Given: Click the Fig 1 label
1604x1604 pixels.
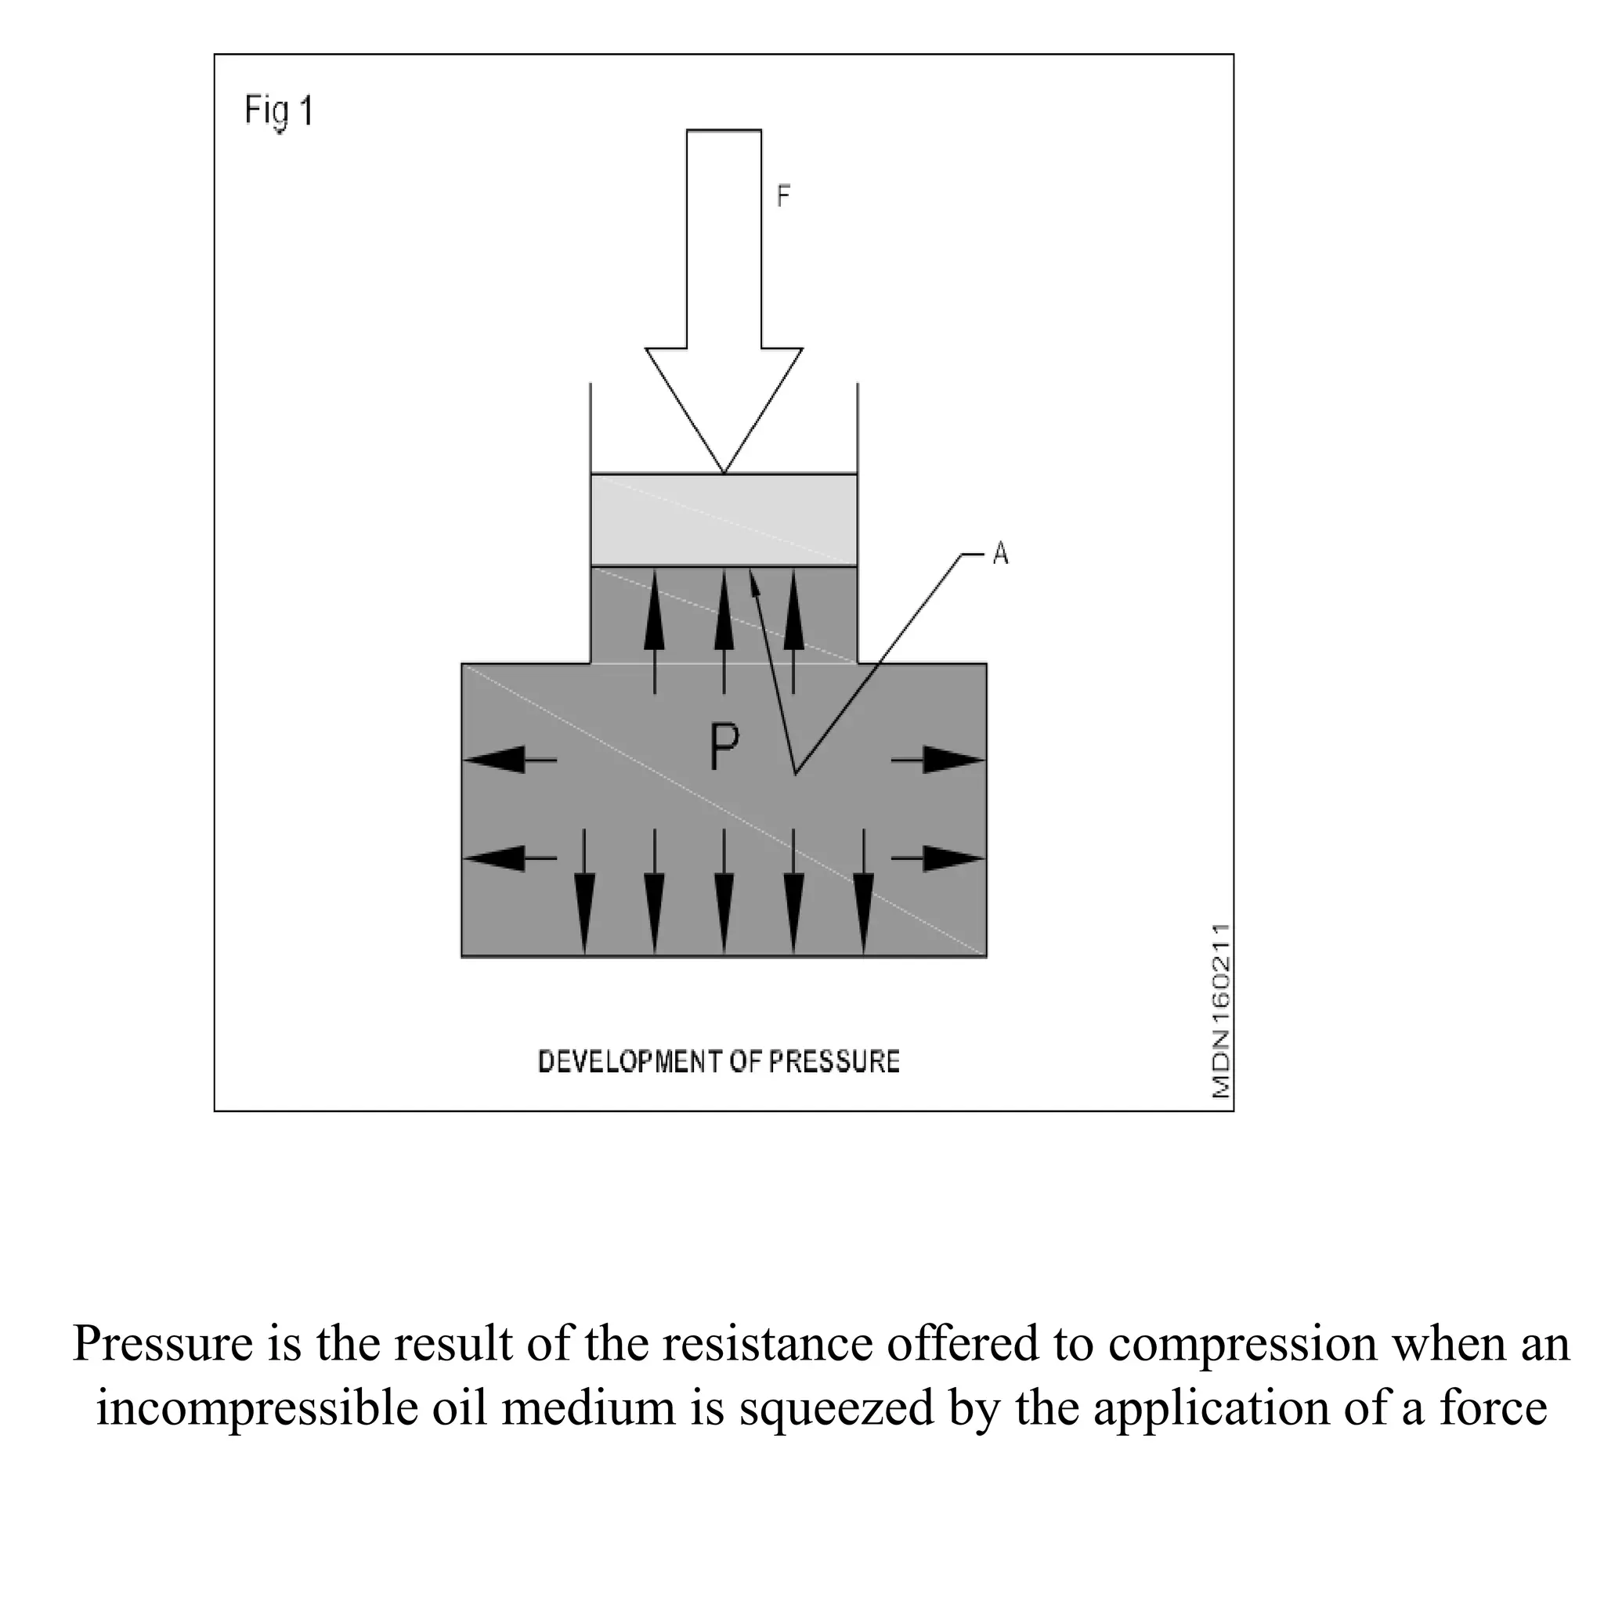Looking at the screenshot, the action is (x=279, y=111).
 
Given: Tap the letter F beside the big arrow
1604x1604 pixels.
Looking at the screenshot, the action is (x=783, y=196).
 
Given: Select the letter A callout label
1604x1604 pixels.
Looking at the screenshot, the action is (x=1000, y=553).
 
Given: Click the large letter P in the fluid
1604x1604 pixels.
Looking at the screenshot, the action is (x=724, y=746).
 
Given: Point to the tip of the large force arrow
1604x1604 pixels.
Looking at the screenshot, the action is (x=724, y=473).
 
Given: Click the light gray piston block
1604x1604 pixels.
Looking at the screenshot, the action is (x=724, y=520).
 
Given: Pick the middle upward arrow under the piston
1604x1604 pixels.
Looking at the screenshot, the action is (x=724, y=631).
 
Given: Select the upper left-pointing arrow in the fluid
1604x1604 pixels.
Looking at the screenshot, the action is (x=510, y=760).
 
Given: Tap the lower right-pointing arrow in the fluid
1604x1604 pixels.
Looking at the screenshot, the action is (x=938, y=858).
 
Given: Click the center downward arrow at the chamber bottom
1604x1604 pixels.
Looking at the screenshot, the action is (x=724, y=891).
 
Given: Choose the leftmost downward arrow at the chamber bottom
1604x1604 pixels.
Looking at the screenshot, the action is (x=584, y=891).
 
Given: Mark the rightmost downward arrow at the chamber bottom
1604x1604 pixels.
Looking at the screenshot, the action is (x=863, y=891).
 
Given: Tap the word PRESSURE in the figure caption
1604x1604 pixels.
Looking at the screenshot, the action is (x=833, y=1062).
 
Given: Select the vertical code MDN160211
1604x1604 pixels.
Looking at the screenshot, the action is (x=1220, y=1011).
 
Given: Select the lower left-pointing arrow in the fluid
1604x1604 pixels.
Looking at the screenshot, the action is (x=510, y=858).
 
